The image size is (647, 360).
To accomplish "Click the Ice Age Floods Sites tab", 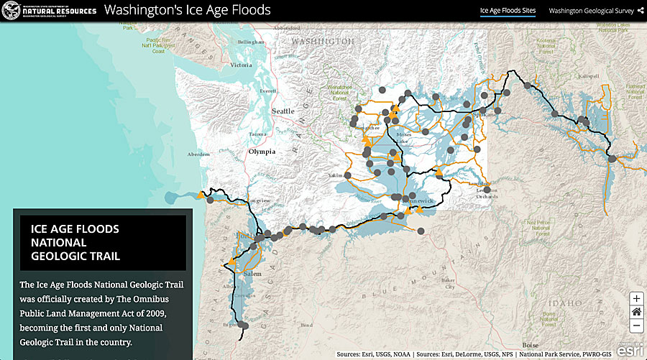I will (508, 11).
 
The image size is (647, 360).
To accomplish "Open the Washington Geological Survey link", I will (591, 11).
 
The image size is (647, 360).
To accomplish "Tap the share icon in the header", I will (640, 11).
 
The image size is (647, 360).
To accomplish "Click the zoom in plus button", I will (636, 298).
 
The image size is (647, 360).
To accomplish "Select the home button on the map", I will (636, 312).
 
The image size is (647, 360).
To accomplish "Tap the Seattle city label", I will (283, 111).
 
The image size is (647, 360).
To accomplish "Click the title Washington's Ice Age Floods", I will (188, 11).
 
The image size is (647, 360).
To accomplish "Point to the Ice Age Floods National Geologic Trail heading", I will (75, 242).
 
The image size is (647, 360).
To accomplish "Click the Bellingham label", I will (252, 43).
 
